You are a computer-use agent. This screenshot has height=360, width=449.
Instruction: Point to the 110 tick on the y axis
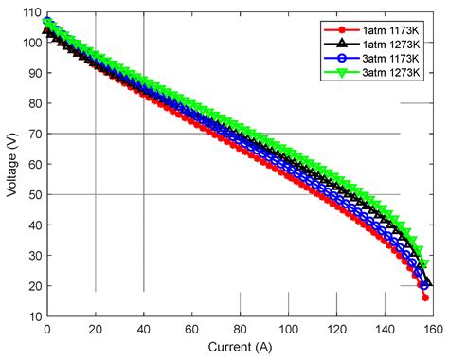31,11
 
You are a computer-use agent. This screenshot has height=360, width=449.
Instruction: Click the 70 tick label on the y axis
33,134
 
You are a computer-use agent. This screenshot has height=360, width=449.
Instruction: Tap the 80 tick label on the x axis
240,330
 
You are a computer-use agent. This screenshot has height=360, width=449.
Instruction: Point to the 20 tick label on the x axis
96,330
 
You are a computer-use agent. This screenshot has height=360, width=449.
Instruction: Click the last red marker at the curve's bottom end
425,297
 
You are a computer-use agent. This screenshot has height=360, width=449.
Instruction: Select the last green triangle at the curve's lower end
424,262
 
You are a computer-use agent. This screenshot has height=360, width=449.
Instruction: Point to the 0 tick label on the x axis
47,330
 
